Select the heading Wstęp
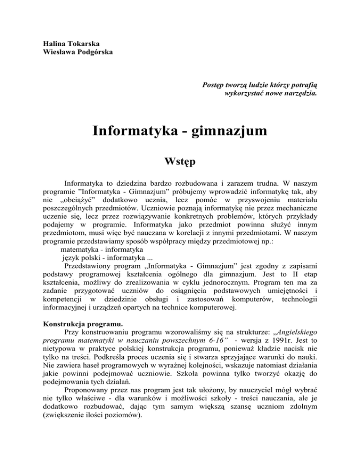coord(180,164)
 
